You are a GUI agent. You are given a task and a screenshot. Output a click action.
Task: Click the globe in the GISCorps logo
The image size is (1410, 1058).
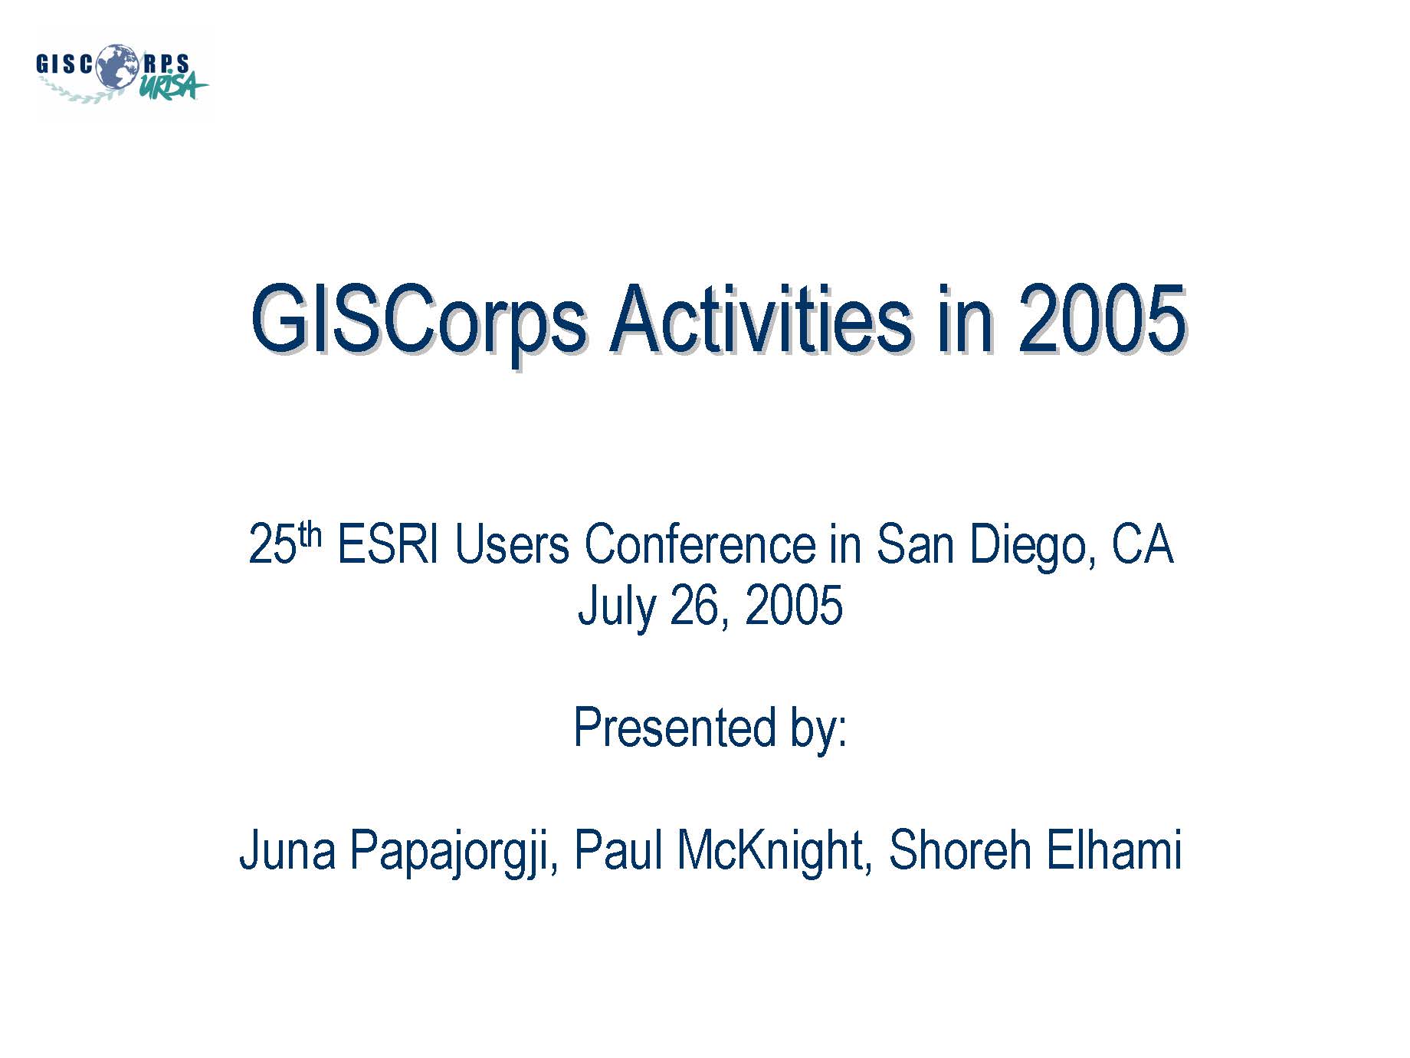[116, 65]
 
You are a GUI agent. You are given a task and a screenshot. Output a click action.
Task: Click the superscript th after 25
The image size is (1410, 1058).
[310, 534]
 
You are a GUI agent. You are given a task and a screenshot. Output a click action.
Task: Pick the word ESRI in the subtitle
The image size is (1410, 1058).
[388, 545]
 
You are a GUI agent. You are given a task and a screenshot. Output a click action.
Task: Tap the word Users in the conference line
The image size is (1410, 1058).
[512, 545]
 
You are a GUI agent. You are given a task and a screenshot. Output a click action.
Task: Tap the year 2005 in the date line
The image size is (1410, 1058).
[794, 606]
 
